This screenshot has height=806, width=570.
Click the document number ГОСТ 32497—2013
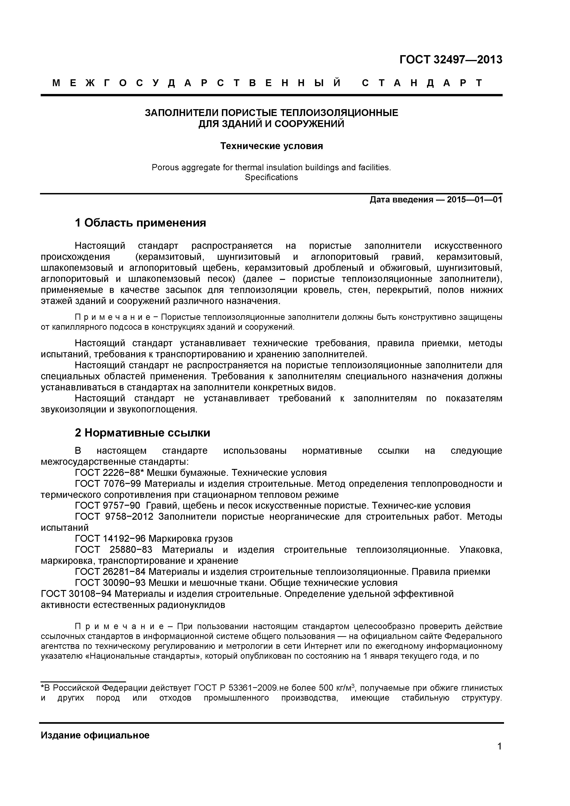click(x=451, y=60)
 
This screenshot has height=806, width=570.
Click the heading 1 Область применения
click(x=140, y=223)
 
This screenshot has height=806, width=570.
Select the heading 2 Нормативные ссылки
click(x=142, y=433)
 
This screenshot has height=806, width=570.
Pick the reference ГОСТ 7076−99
click(x=108, y=484)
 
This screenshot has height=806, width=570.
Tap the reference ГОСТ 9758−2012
click(x=114, y=517)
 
